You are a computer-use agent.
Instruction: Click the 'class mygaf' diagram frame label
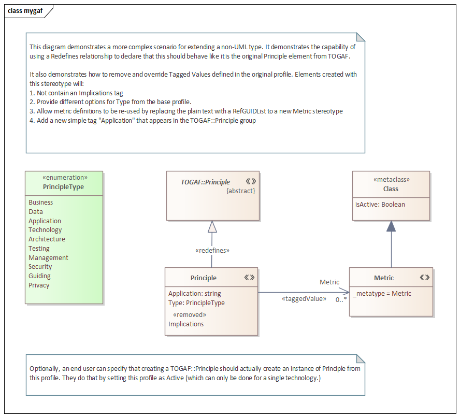point(25,11)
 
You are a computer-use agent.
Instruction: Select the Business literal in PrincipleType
point(41,203)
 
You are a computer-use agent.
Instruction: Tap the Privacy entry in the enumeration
point(39,285)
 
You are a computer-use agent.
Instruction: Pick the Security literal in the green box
point(40,267)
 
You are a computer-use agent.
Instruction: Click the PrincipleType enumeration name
point(64,187)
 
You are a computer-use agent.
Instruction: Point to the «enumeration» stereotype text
point(64,178)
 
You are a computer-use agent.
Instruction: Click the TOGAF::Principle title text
point(205,182)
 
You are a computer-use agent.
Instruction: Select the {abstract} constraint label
point(241,191)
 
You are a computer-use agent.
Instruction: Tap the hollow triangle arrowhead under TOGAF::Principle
point(212,226)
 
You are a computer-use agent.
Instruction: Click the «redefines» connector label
point(212,251)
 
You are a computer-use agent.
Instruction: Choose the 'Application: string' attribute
point(194,293)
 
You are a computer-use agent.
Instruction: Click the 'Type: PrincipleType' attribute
point(196,302)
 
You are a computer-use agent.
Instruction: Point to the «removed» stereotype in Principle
point(189,315)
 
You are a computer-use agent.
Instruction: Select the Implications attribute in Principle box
point(186,324)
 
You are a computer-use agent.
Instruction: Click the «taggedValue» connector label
point(304,299)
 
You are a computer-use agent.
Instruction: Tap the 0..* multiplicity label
point(341,299)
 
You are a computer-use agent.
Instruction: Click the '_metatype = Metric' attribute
point(382,294)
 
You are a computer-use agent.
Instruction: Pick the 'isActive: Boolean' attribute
point(380,205)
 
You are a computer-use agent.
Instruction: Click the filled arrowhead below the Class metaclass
point(391,226)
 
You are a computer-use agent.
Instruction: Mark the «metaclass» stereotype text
point(391,180)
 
